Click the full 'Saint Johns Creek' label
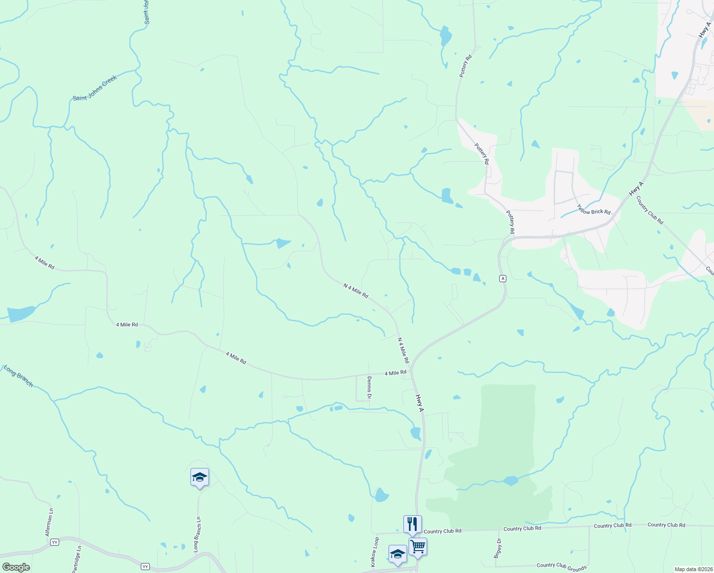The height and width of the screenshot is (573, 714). click(x=94, y=88)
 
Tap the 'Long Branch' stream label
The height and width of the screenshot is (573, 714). click(x=19, y=376)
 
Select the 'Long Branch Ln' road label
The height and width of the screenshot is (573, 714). click(x=197, y=535)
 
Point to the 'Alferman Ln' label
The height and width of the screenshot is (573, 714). click(x=49, y=522)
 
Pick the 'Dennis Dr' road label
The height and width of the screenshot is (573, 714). click(x=369, y=387)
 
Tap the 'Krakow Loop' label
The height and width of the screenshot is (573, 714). click(x=375, y=552)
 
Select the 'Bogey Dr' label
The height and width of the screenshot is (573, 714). click(x=498, y=548)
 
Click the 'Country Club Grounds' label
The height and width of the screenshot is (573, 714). click(x=561, y=567)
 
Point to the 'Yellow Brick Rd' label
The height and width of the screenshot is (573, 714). click(x=593, y=209)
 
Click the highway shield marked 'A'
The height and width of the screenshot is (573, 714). click(x=503, y=278)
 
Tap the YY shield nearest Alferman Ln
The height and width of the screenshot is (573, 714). click(x=55, y=542)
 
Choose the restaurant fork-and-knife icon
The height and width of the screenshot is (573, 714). click(x=412, y=524)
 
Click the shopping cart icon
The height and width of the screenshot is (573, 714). click(x=418, y=546)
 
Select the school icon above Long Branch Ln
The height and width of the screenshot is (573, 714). click(x=199, y=477)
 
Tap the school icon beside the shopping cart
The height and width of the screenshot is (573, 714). click(x=398, y=554)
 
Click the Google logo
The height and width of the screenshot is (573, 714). click(x=16, y=567)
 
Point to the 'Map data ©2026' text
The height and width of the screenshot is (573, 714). click(x=693, y=569)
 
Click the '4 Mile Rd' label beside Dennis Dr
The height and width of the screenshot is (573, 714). click(x=395, y=372)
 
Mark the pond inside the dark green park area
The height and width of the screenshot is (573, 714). click(x=510, y=480)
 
